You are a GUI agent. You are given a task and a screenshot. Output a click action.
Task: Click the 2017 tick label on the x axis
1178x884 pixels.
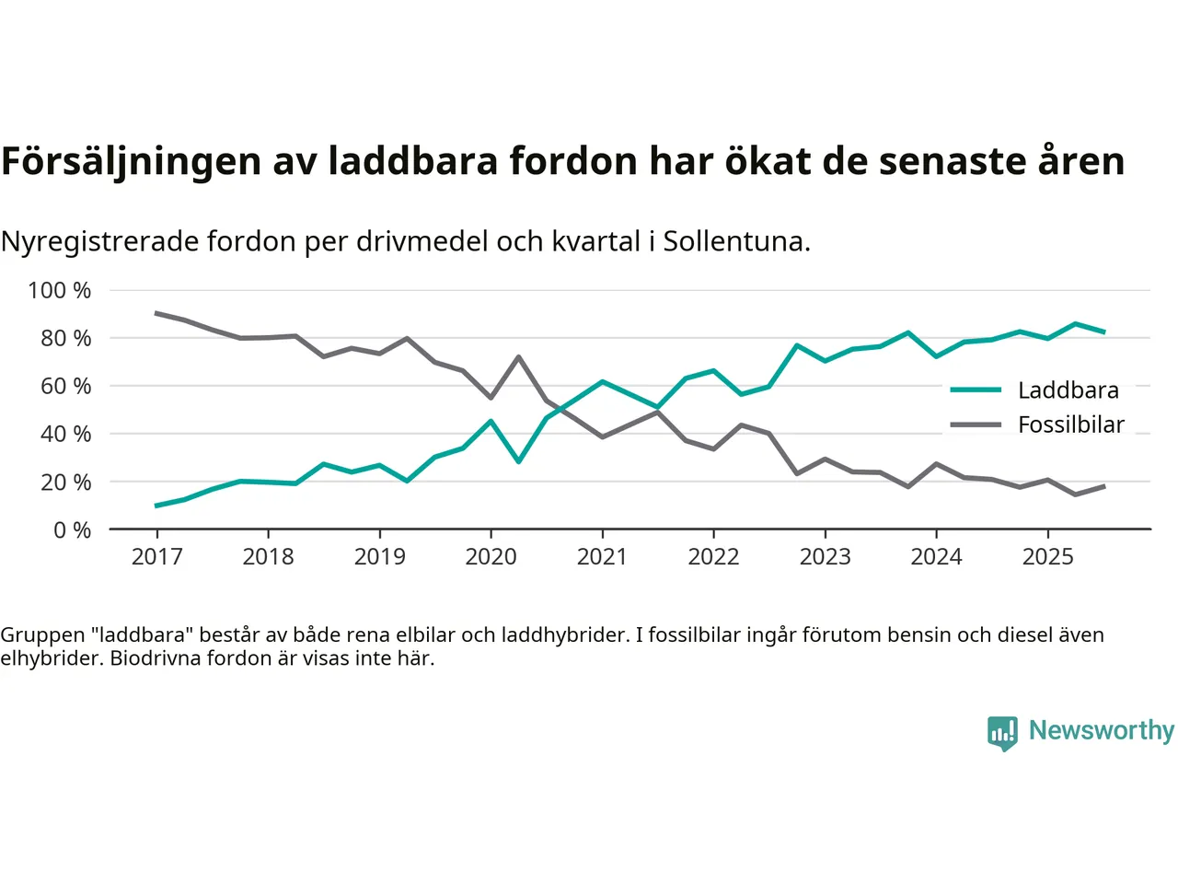[x=156, y=556]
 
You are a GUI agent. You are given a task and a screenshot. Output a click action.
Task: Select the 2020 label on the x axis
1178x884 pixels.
[x=491, y=556]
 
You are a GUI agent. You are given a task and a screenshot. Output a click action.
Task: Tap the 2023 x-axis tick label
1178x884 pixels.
[x=825, y=556]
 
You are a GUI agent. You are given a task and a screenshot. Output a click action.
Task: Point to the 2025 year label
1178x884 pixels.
[x=1047, y=556]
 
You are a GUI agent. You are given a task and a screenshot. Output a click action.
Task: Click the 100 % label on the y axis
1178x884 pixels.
[x=60, y=290]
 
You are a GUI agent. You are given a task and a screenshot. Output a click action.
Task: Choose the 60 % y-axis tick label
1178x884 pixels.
[x=65, y=386]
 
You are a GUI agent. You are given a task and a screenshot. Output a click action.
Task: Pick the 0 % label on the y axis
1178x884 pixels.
[x=72, y=529]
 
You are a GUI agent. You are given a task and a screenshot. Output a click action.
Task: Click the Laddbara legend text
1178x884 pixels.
[x=1068, y=390]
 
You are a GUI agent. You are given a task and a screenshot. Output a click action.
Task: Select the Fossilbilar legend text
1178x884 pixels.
[x=1070, y=425]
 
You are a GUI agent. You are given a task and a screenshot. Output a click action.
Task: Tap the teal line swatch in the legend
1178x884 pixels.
[x=976, y=390]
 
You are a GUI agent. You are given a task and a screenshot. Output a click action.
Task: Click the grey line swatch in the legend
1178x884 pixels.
[x=976, y=425]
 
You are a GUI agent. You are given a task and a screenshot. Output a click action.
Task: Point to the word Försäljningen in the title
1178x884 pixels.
[x=131, y=161]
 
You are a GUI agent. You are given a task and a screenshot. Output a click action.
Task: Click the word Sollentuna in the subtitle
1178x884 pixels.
[x=736, y=241]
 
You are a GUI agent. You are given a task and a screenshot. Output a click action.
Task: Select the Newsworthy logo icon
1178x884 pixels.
[x=1002, y=733]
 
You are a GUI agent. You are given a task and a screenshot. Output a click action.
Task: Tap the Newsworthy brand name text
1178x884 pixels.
[x=1101, y=730]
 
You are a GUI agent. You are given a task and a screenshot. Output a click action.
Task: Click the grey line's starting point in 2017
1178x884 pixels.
[x=156, y=313]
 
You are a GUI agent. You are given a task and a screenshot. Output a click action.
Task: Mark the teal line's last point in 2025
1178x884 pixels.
[x=1103, y=331]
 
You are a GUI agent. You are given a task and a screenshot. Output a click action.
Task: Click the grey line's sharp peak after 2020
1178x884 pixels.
[x=518, y=356]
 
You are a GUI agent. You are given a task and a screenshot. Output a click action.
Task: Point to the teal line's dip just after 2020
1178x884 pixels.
[x=518, y=461]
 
